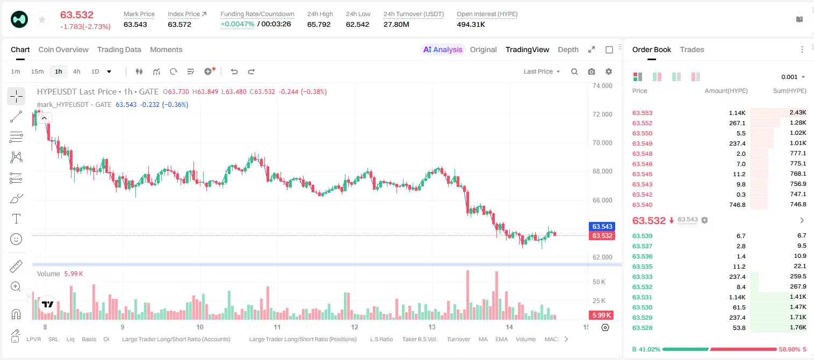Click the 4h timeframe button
tap(76, 71)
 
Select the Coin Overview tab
tap(63, 50)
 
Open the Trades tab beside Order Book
tap(692, 50)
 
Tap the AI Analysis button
tap(443, 50)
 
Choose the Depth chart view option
tap(568, 50)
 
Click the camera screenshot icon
tap(592, 71)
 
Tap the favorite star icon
tap(42, 19)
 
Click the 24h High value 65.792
tap(319, 24)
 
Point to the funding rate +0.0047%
tap(237, 24)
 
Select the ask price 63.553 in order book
tap(642, 113)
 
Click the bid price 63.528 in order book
tap(642, 328)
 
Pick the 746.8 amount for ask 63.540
tap(737, 205)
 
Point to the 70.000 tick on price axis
tap(602, 143)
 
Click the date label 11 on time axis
tap(277, 327)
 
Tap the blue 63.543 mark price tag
tap(602, 226)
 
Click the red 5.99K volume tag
tap(601, 315)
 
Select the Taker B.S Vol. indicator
tap(419, 339)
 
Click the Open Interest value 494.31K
tap(471, 24)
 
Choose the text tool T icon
tap(16, 219)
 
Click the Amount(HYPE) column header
tap(726, 91)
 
